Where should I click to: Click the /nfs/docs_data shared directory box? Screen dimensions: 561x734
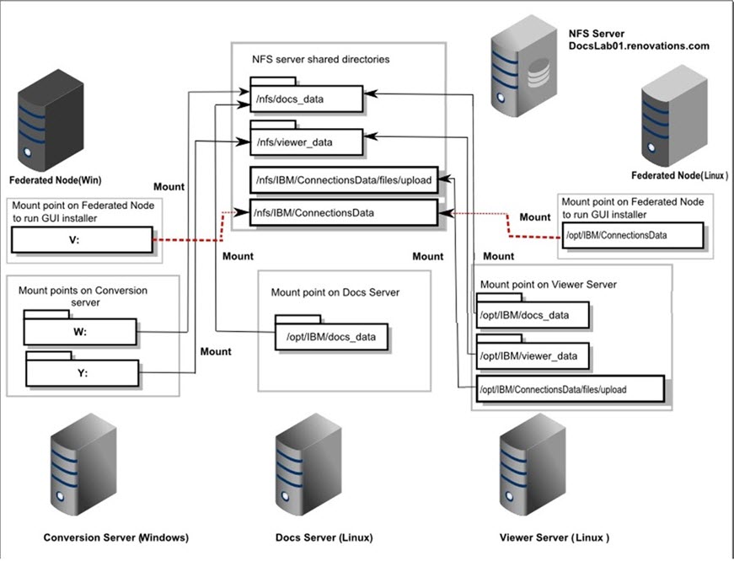[306, 99]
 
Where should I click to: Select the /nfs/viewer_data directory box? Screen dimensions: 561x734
[306, 142]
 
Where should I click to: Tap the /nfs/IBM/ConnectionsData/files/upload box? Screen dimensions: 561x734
[343, 179]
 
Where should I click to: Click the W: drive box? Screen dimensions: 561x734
[80, 332]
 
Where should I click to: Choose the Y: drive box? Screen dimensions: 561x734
[81, 371]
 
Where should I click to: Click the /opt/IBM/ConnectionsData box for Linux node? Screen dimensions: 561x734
[632, 235]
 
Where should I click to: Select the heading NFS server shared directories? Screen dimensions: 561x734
[321, 61]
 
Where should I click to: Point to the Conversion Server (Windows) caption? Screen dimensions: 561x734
[116, 537]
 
